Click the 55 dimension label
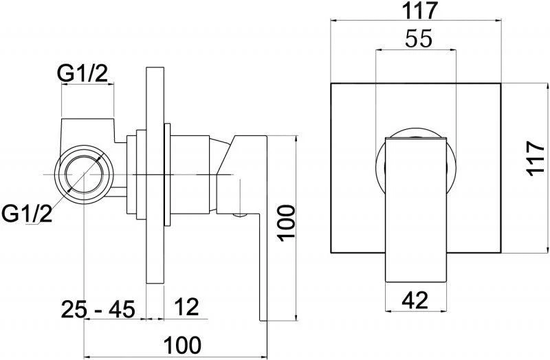point(419,38)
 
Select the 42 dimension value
point(415,300)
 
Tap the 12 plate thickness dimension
point(186,306)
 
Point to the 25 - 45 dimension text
point(98,309)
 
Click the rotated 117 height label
point(536,158)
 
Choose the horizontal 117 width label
point(420,10)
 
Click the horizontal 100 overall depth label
point(183,345)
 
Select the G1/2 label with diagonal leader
point(27,214)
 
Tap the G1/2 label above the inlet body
point(82,74)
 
